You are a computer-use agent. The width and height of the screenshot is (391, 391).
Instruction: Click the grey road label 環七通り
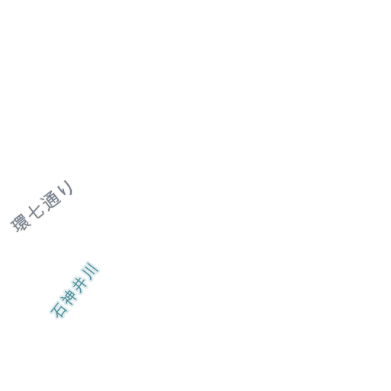pyautogui.click(x=42, y=206)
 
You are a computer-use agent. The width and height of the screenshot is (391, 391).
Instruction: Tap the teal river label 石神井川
pyautogui.click(x=74, y=290)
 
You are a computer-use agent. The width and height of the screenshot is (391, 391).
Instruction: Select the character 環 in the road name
pyautogui.click(x=21, y=223)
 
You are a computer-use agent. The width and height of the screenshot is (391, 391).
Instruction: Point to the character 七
pyautogui.click(x=36, y=212)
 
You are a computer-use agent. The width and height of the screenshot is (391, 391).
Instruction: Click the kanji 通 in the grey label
pyautogui.click(x=52, y=200)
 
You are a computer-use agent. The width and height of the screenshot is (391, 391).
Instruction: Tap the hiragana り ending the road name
pyautogui.click(x=66, y=188)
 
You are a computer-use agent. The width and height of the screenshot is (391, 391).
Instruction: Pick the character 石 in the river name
pyautogui.click(x=59, y=309)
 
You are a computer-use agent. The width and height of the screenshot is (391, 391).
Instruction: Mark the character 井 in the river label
pyautogui.click(x=80, y=284)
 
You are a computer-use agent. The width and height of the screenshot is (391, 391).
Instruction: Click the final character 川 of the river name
pyautogui.click(x=90, y=271)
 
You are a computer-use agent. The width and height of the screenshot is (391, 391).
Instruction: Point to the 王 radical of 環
pyautogui.click(x=15, y=225)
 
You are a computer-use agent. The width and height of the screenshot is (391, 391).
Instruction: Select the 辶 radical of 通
pyautogui.click(x=48, y=205)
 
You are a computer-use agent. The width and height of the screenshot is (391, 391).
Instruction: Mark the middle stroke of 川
pyautogui.click(x=89, y=271)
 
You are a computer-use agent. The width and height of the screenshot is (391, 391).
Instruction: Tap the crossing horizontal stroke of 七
pyautogui.click(x=36, y=212)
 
